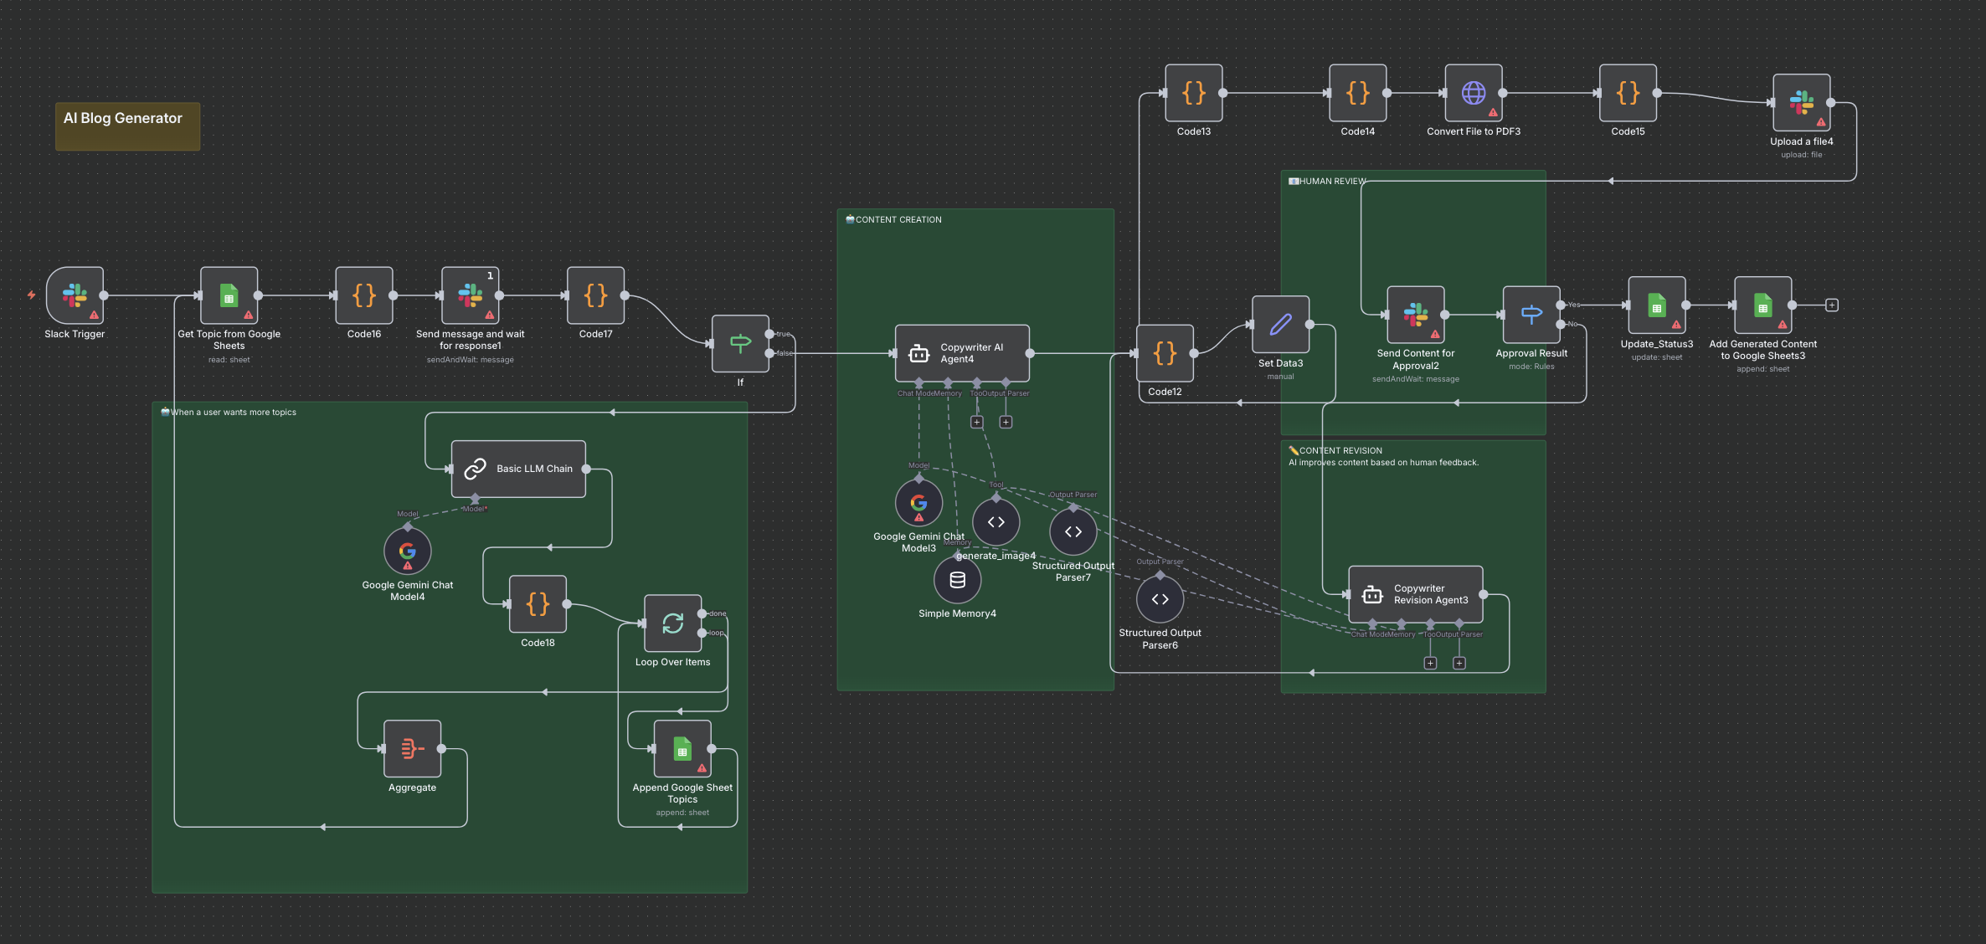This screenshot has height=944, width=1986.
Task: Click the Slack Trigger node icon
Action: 75,295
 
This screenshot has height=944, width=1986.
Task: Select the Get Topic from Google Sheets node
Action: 229,295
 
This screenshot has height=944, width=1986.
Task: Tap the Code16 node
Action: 364,295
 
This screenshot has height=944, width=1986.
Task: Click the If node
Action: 740,343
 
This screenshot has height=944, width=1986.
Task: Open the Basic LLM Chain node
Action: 518,469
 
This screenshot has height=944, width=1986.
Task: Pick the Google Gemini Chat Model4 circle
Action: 408,552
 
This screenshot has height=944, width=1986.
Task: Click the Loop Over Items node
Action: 672,623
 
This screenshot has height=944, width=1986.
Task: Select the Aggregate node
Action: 412,749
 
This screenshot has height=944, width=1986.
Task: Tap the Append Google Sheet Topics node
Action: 682,749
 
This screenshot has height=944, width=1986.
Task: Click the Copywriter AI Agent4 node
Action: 962,353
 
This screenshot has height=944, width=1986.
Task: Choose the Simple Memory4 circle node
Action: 957,580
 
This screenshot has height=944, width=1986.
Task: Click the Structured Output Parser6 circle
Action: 1160,599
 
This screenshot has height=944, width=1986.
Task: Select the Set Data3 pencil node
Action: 1280,325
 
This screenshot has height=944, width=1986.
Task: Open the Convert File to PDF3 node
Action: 1474,93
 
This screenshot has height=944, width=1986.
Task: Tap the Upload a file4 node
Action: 1801,103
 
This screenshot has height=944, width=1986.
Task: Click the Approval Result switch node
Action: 1531,315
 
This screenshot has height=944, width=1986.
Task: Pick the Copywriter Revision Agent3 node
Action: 1415,594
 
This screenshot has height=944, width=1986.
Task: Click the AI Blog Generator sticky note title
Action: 123,118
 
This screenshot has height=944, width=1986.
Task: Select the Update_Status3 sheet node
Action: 1656,305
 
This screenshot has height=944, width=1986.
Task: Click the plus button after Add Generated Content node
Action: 1832,305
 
